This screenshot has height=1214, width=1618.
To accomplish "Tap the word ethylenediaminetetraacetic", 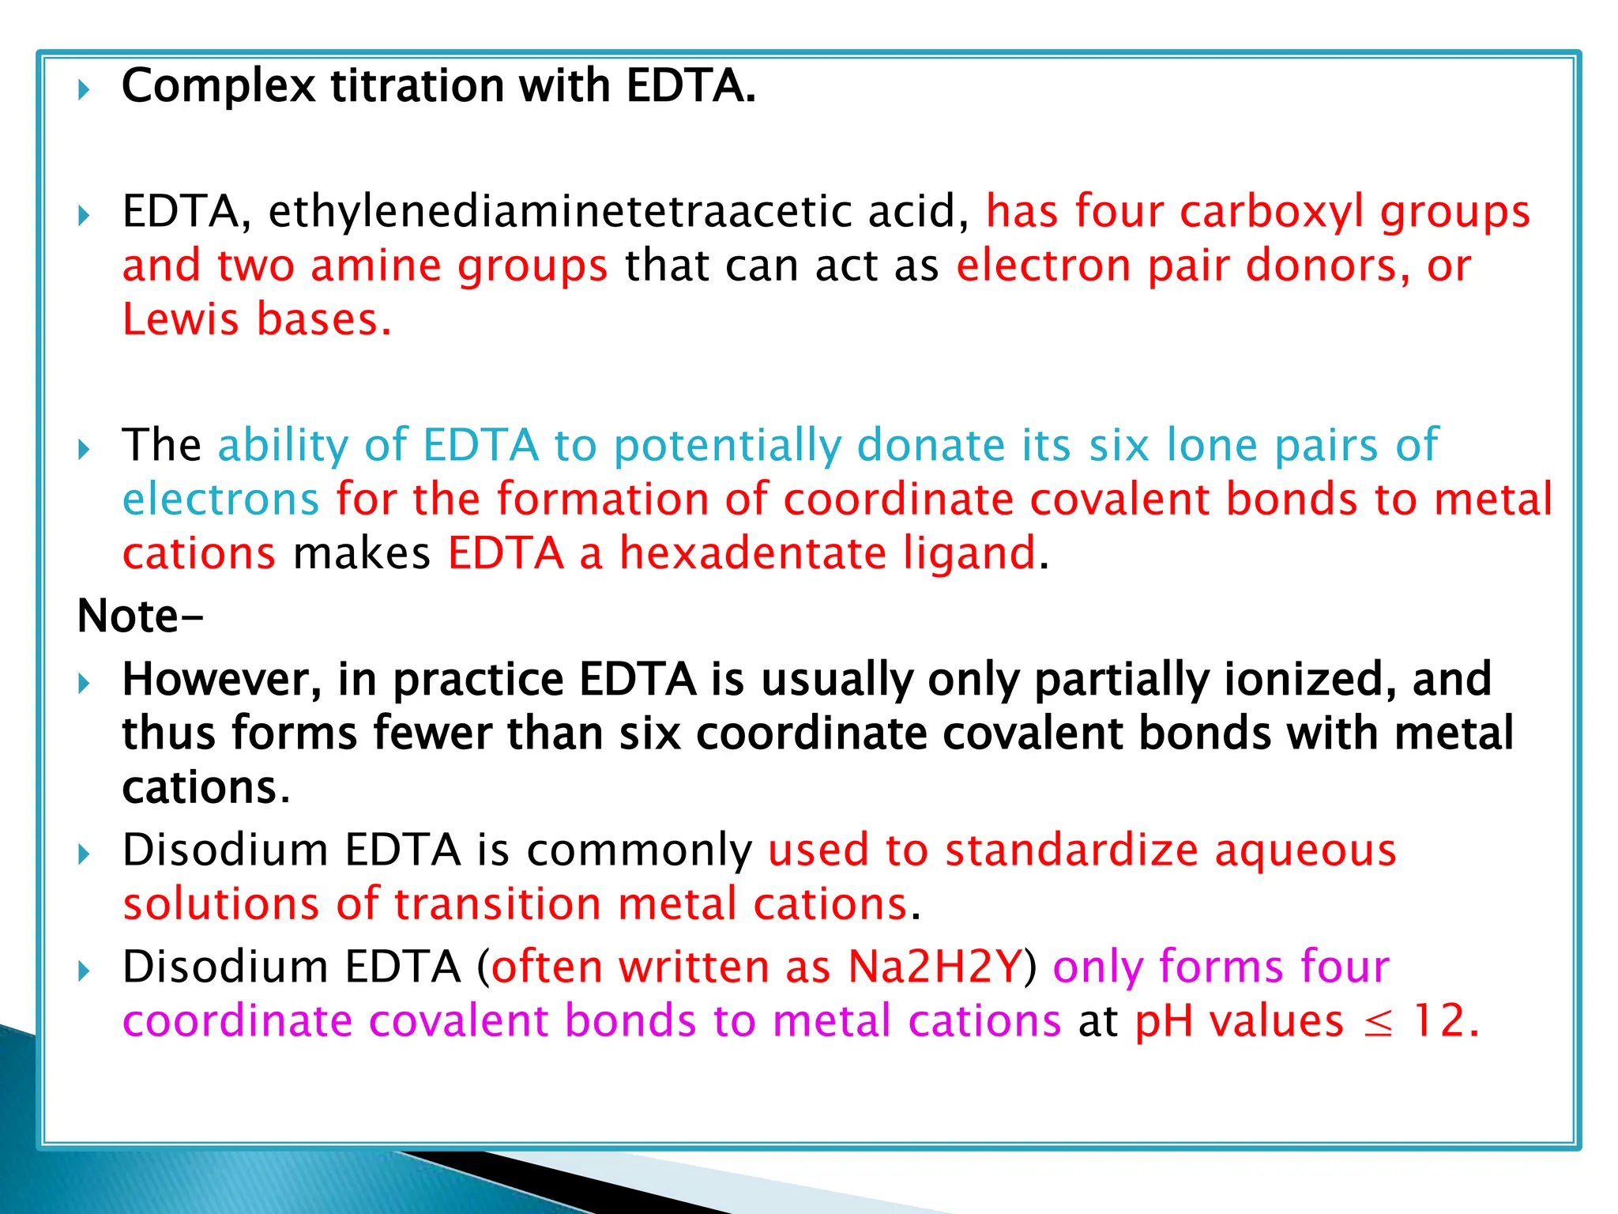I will coord(556,212).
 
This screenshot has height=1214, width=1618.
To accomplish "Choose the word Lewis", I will coord(180,319).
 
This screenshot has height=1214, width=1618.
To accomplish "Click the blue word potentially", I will coord(727,446).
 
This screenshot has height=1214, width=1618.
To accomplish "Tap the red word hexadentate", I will coord(753,552).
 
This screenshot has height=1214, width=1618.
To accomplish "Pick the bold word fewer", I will coord(432,733).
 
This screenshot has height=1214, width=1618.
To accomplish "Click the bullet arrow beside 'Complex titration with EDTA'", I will coord(85,89).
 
